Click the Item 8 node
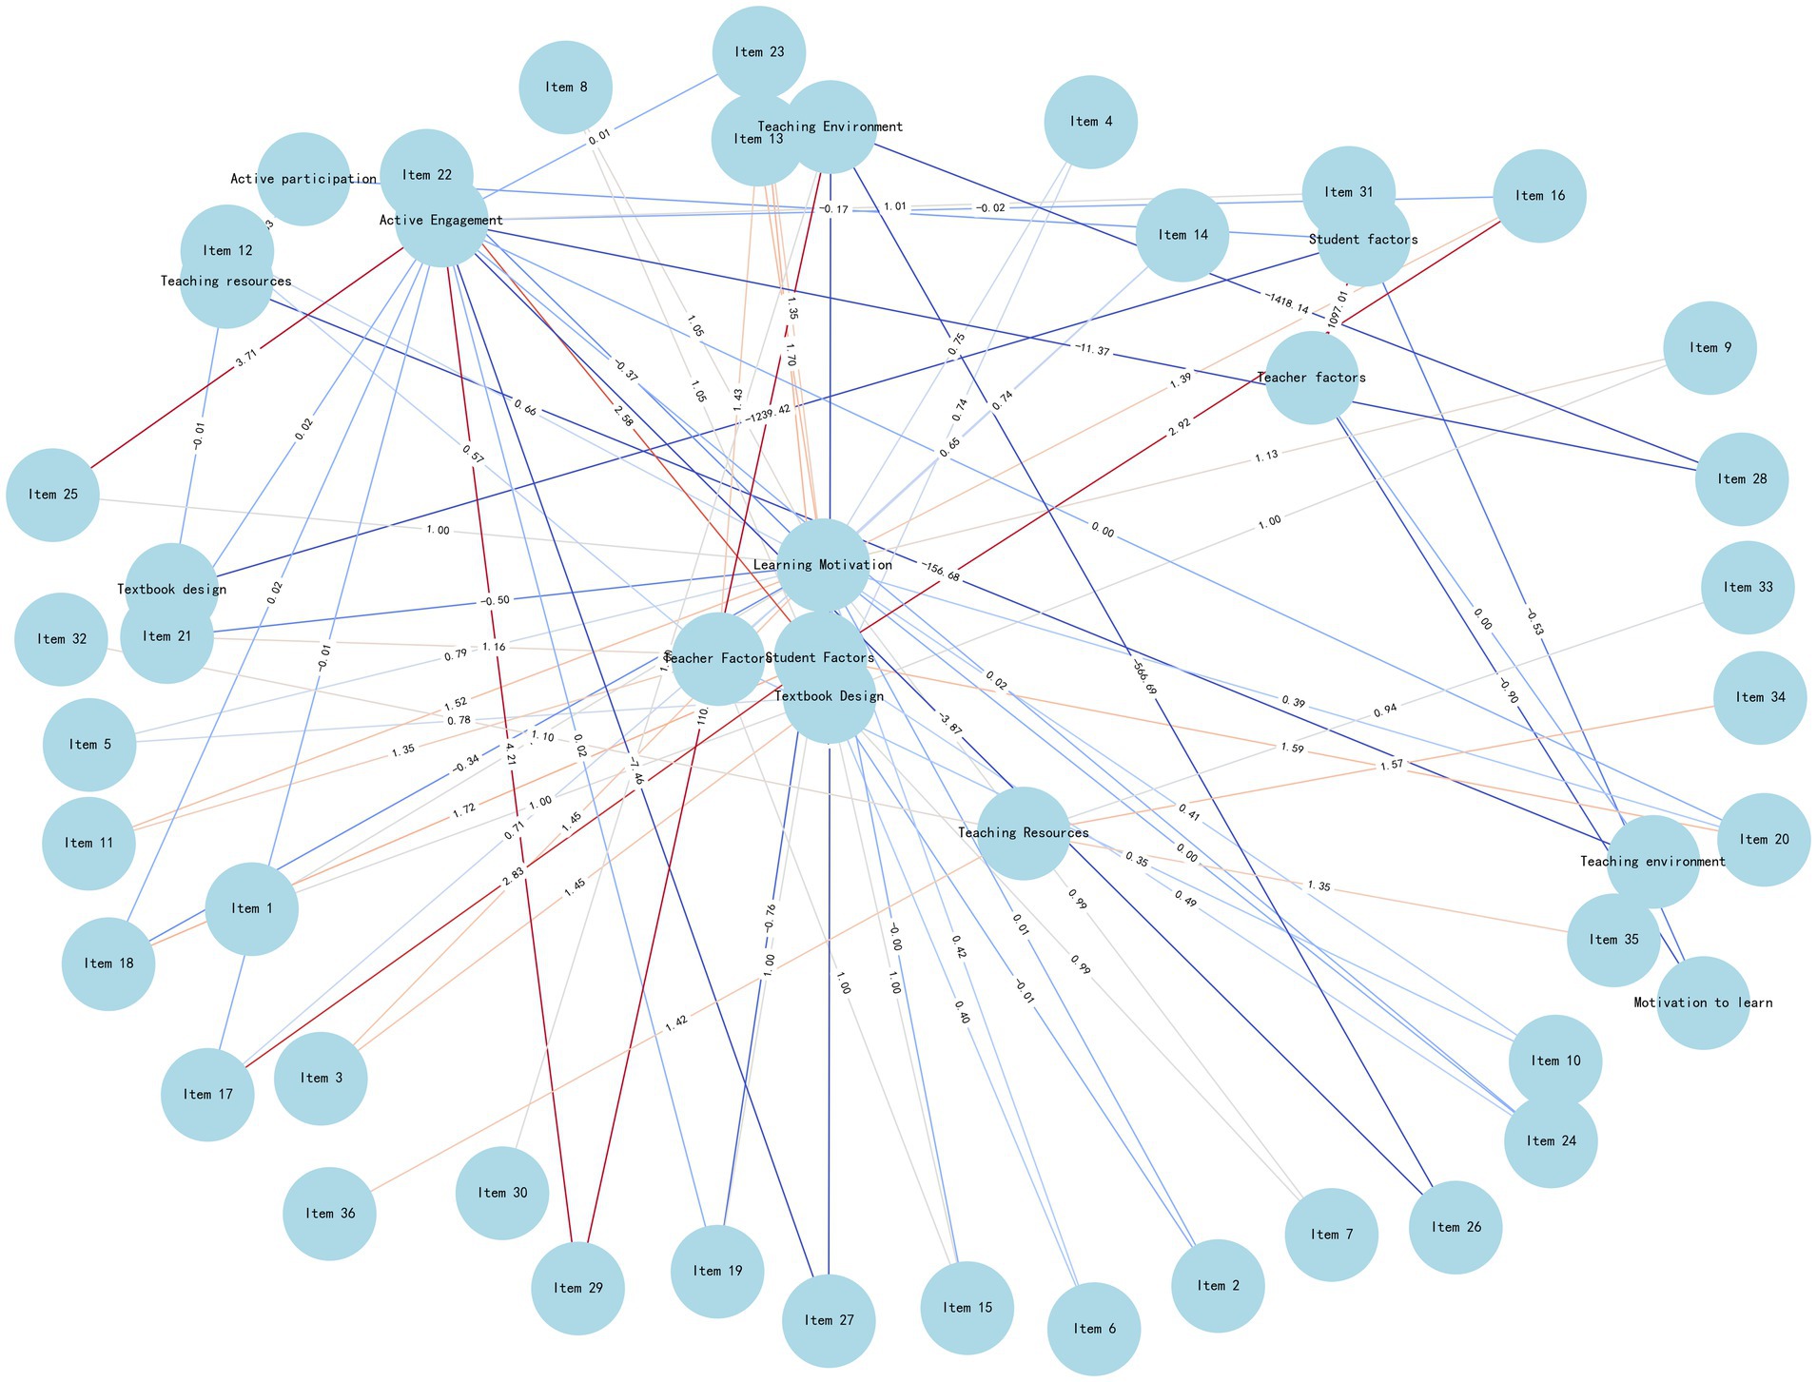point(566,88)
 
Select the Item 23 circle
point(759,52)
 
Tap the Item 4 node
point(1090,122)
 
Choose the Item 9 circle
point(1710,348)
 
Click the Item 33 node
point(1749,588)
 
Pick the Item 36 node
point(329,1214)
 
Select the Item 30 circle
point(502,1193)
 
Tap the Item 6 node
point(1094,1329)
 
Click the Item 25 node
point(52,495)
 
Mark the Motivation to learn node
point(1703,1002)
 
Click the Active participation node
point(303,179)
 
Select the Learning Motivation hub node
point(824,565)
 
